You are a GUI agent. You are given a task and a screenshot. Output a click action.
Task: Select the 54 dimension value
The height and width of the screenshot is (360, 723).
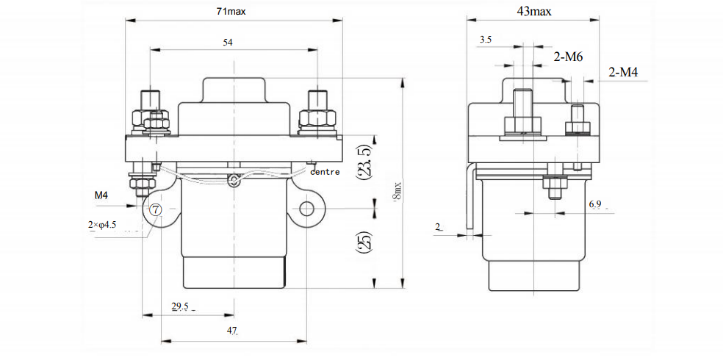pyautogui.click(x=228, y=43)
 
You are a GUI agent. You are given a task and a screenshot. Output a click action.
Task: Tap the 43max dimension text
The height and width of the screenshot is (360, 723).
pyautogui.click(x=534, y=12)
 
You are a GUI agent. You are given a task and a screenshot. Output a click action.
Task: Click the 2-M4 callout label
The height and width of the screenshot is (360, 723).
pyautogui.click(x=623, y=72)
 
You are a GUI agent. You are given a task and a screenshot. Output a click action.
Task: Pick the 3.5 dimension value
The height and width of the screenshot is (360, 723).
pyautogui.click(x=485, y=39)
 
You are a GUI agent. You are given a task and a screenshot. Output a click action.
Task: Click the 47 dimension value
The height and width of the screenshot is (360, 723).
pyautogui.click(x=232, y=331)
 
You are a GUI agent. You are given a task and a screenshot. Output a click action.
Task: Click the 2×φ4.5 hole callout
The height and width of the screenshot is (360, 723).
pyautogui.click(x=102, y=225)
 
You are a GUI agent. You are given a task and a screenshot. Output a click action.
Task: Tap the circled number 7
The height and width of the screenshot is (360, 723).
pyautogui.click(x=156, y=209)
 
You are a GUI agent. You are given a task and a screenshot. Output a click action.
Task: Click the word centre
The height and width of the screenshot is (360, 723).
pyautogui.click(x=325, y=172)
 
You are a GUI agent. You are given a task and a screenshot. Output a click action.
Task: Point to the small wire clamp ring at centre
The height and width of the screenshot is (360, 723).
pyautogui.click(x=233, y=180)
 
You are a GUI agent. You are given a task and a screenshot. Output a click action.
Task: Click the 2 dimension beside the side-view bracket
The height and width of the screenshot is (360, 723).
pyautogui.click(x=439, y=228)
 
